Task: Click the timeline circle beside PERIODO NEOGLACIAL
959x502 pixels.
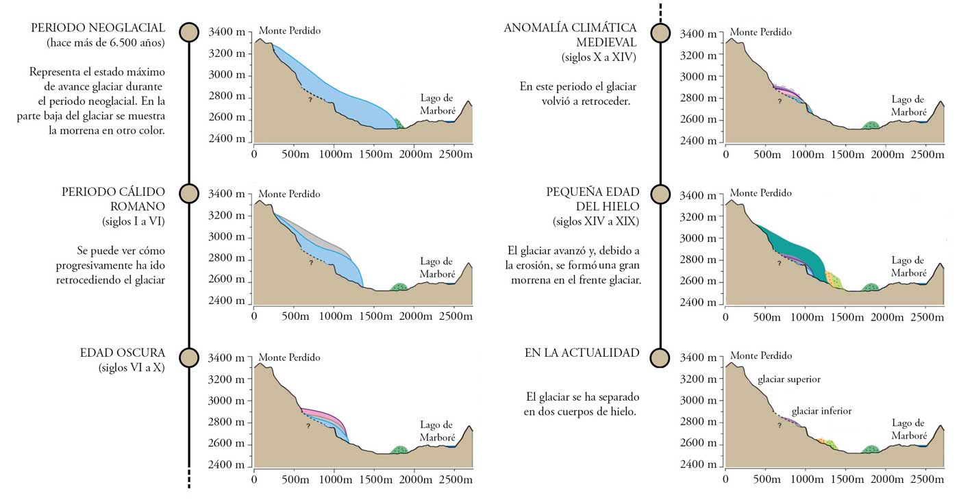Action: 189,32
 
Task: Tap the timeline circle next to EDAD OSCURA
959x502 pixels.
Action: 189,357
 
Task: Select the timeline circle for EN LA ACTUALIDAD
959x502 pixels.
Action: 660,357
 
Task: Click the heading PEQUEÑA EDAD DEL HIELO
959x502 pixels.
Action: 593,199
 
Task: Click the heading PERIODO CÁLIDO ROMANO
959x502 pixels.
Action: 113,199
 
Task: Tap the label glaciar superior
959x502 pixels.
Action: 788,379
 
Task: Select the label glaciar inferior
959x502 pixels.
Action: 821,411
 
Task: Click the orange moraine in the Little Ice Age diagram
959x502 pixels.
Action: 830,277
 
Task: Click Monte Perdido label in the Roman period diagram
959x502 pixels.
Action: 289,194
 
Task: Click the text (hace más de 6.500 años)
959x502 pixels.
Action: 105,43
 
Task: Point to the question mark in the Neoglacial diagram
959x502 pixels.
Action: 310,99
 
